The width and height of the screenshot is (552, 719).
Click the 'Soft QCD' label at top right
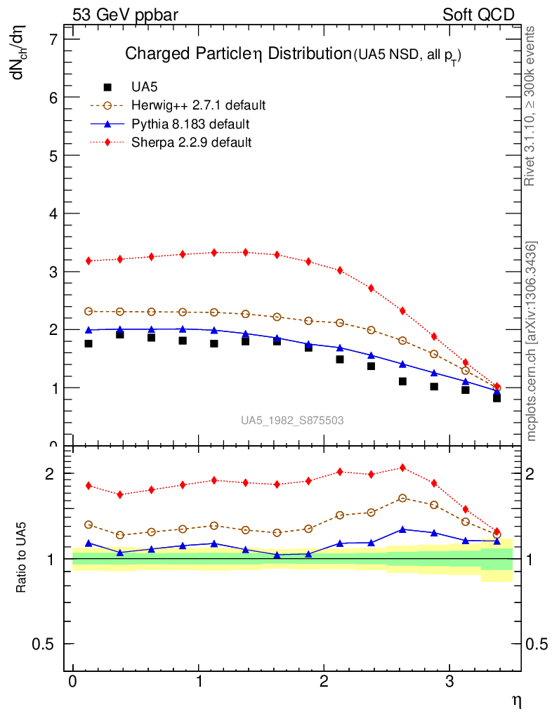click(x=478, y=15)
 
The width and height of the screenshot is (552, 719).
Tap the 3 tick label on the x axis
click(x=449, y=682)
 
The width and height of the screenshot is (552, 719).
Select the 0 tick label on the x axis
click(x=72, y=682)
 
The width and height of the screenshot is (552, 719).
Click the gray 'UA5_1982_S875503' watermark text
click(x=292, y=421)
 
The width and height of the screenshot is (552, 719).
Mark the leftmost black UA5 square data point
click(x=88, y=343)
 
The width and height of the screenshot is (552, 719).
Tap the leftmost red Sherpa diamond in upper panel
click(x=88, y=261)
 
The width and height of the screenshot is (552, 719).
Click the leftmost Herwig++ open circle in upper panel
click(x=88, y=311)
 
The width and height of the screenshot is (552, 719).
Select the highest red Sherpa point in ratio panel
click(x=402, y=468)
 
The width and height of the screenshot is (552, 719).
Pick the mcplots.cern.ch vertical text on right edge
click(x=532, y=341)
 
